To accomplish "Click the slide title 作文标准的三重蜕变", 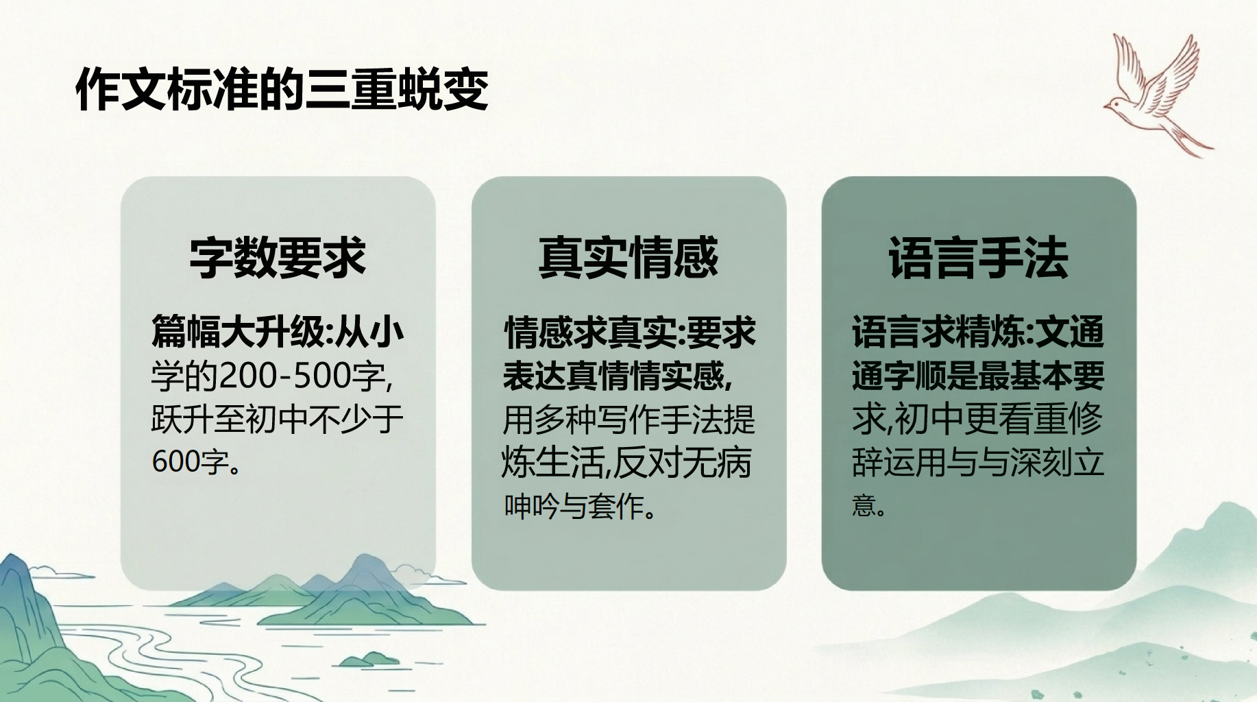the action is click(x=282, y=90).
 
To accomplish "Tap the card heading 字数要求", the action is click(x=278, y=258).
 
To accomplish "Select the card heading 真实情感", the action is click(x=628, y=258).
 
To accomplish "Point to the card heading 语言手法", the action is click(x=978, y=258).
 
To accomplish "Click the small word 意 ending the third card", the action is click(x=864, y=505).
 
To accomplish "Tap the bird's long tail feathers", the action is click(x=1188, y=141).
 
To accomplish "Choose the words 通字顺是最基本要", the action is click(x=978, y=376).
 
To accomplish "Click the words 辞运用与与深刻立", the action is click(x=978, y=461).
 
